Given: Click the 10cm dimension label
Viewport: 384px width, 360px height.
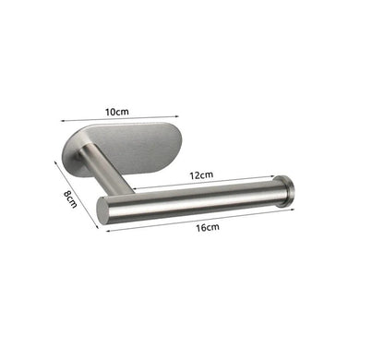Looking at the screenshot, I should pos(115,112).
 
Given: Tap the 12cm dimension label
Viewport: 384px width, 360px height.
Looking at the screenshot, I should pos(201,174).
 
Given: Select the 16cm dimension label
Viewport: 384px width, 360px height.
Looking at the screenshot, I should pos(207,226).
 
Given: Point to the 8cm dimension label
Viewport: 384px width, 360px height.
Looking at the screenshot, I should pos(68,198).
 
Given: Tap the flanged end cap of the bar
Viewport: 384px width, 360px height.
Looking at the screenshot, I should pos(287,190).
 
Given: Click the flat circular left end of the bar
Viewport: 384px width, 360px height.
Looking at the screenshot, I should pos(102,209).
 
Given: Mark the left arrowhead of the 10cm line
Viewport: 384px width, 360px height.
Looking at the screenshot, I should pos(62,119).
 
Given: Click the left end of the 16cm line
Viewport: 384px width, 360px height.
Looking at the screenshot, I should pos(108,230).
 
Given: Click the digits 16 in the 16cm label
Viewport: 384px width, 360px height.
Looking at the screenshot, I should pos(202,226).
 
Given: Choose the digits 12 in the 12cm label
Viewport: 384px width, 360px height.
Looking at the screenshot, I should pos(196,174).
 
